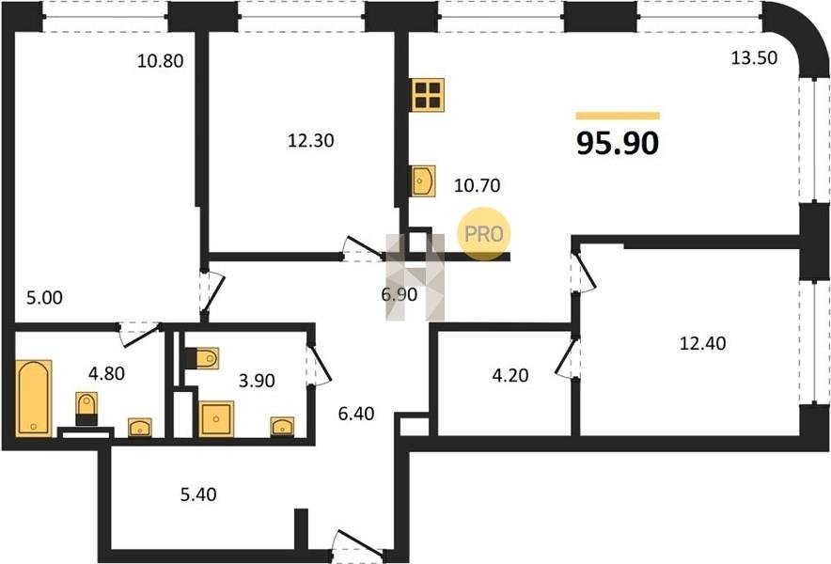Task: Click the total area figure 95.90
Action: [x=618, y=143]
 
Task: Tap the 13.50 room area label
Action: [x=754, y=57]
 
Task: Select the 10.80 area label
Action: [x=160, y=61]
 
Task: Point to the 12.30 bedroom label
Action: [x=310, y=140]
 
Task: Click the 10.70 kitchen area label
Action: [x=477, y=185]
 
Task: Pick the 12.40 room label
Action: [x=703, y=343]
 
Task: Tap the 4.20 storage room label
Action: [x=510, y=375]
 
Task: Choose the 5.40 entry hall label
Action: [x=198, y=494]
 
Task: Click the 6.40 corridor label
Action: [x=356, y=413]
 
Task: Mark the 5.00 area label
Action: [x=44, y=297]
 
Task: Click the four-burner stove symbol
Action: [x=428, y=95]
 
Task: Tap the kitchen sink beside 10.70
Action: [x=423, y=180]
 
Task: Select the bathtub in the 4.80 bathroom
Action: [x=34, y=398]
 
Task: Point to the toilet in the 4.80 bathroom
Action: [x=86, y=409]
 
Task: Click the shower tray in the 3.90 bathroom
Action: [x=216, y=418]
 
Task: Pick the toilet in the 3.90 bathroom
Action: [x=202, y=358]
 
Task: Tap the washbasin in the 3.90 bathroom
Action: [x=282, y=427]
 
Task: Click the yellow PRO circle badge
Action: [x=484, y=234]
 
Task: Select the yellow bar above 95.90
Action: [x=618, y=116]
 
